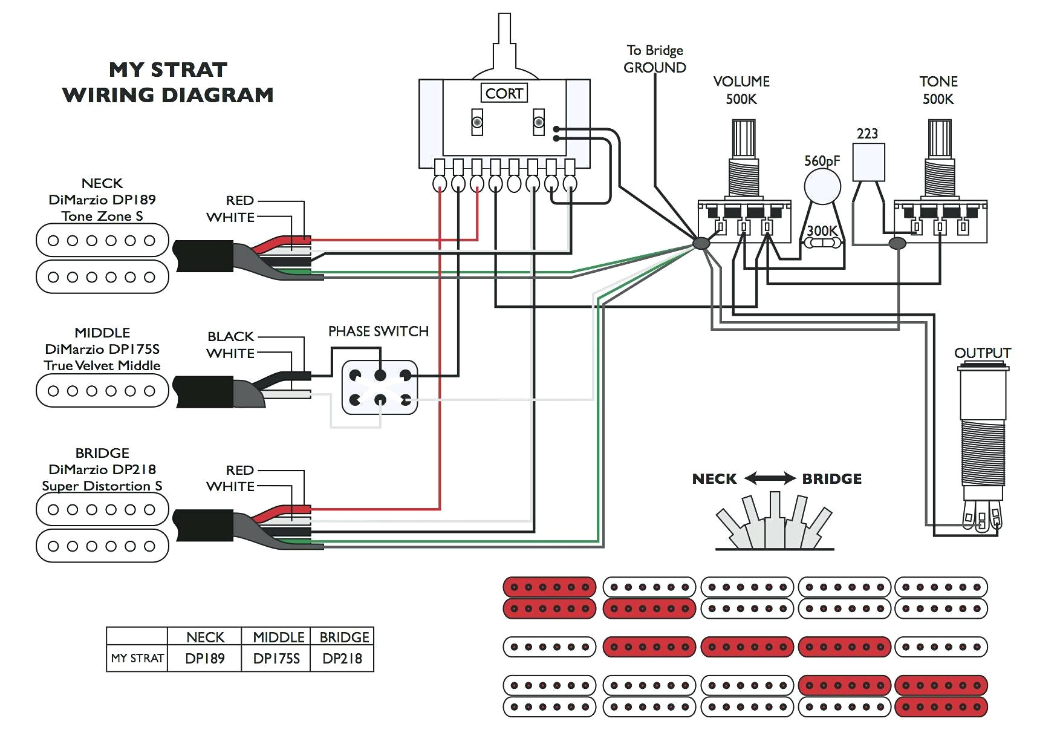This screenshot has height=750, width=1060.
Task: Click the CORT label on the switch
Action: pyautogui.click(x=504, y=93)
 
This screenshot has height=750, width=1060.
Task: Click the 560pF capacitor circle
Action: pyautogui.click(x=822, y=187)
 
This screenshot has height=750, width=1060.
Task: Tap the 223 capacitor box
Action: pyautogui.click(x=868, y=162)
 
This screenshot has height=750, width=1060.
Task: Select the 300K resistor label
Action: pyautogui.click(x=822, y=230)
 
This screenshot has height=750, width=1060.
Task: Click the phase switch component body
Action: pyautogui.click(x=380, y=387)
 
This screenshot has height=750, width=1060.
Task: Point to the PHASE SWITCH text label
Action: pyautogui.click(x=378, y=331)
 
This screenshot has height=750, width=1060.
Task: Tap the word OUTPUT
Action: pyautogui.click(x=982, y=353)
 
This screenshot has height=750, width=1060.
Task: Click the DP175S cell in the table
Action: pyautogui.click(x=276, y=659)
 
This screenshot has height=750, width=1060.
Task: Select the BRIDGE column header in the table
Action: pyautogui.click(x=343, y=637)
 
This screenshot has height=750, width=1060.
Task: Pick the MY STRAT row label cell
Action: pyautogui.click(x=137, y=658)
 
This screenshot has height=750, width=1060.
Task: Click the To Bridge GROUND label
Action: pyautogui.click(x=655, y=59)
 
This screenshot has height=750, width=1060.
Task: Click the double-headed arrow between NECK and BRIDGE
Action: pyautogui.click(x=769, y=478)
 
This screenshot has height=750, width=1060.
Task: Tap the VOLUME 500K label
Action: pyautogui.click(x=741, y=90)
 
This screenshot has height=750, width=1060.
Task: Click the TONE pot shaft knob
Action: pyautogui.click(x=939, y=138)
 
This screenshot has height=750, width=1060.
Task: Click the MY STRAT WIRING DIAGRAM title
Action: pyautogui.click(x=168, y=82)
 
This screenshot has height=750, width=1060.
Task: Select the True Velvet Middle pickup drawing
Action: pyautogui.click(x=102, y=391)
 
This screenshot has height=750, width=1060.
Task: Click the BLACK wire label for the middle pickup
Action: pyautogui.click(x=230, y=336)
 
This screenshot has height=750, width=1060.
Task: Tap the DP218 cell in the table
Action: pyautogui.click(x=342, y=659)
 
